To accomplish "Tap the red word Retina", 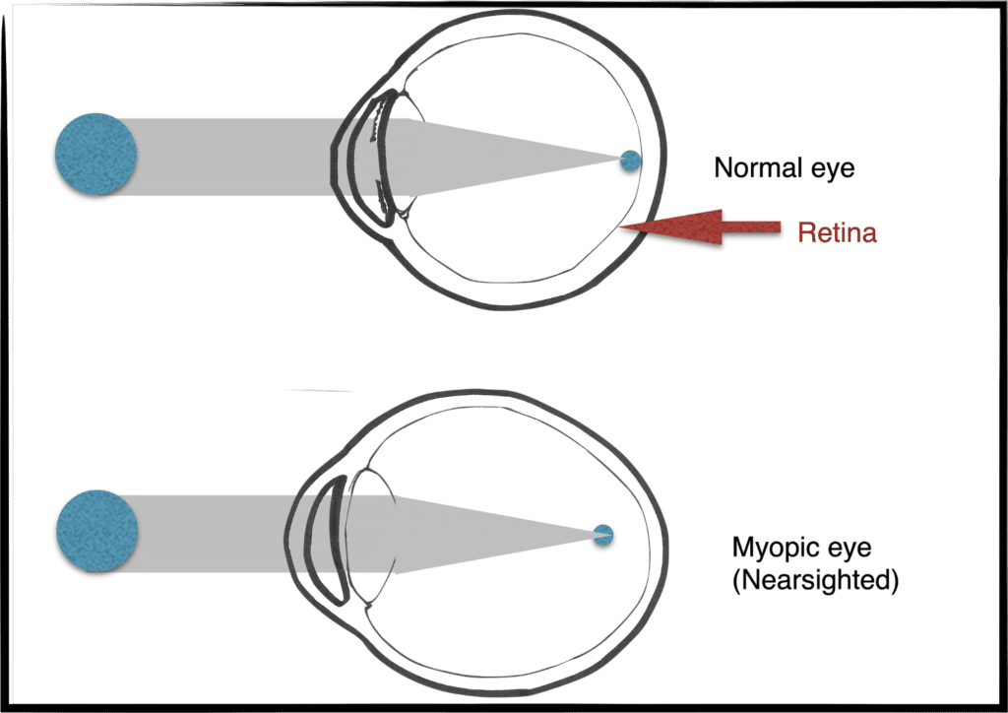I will point(837,233).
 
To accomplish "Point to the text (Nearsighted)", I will point(815,581).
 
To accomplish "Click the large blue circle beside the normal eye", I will point(95,154).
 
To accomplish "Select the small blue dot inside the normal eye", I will point(630,162).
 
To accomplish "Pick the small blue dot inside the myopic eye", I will point(603,534).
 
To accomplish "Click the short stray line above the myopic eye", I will point(319,391).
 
